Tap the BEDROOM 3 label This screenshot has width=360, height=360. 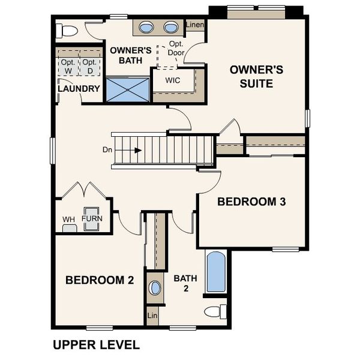coord(251,202)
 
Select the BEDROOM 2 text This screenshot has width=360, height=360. coord(100,280)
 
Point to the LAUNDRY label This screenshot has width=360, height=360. coord(79,89)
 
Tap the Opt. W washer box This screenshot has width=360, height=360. coord(67,66)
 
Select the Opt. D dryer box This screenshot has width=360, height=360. coord(89,66)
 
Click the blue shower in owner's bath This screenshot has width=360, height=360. coord(127,89)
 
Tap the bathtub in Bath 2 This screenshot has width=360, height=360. coord(216,272)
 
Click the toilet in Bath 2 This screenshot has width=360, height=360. coord(215,311)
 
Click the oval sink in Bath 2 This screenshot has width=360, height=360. coord(155,288)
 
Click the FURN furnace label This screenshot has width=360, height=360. coord(92,219)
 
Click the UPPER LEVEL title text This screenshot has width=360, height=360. coord(96,344)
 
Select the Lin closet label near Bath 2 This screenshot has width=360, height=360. coord(152,314)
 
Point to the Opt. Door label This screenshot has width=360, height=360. coord(176,49)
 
